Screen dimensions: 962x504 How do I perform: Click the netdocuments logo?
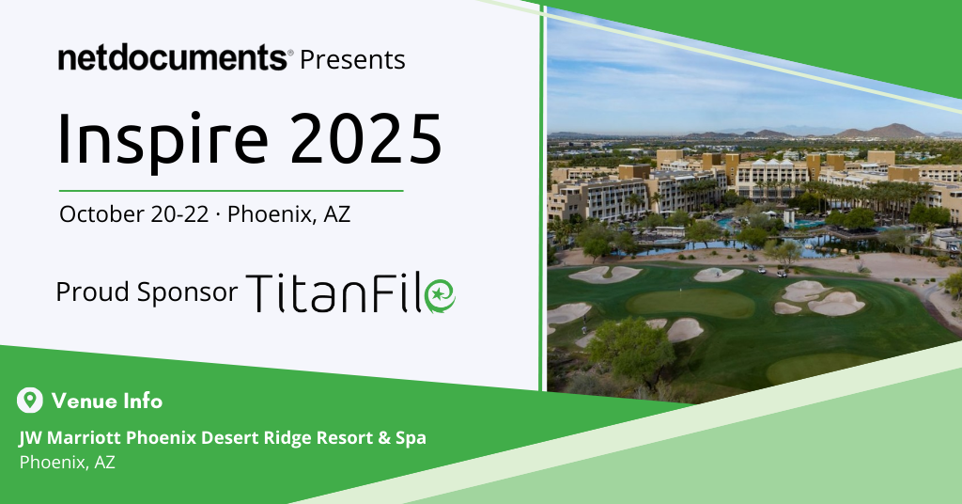pyautogui.click(x=173, y=57)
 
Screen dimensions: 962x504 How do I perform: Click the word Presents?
pyautogui.click(x=352, y=59)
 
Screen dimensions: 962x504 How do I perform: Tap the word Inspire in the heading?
pyautogui.click(x=163, y=140)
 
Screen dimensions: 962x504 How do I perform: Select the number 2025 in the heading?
pyautogui.click(x=365, y=139)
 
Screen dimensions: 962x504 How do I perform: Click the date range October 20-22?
pyautogui.click(x=133, y=214)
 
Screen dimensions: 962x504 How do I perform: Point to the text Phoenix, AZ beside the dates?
pyautogui.click(x=289, y=215)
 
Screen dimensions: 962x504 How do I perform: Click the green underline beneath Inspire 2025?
pyautogui.click(x=231, y=191)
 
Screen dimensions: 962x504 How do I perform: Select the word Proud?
pyautogui.click(x=93, y=291)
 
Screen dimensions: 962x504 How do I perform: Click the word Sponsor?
pyautogui.click(x=187, y=292)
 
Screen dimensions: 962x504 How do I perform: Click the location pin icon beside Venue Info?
pyautogui.click(x=29, y=401)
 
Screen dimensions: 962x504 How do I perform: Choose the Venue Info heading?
pyautogui.click(x=107, y=401)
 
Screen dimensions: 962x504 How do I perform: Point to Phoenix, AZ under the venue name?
pyautogui.click(x=67, y=463)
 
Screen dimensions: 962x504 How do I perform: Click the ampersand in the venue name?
pyautogui.click(x=383, y=438)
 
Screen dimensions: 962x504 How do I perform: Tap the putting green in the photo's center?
pyautogui.click(x=691, y=304)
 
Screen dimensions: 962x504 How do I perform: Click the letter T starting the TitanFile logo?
pyautogui.click(x=260, y=292)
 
